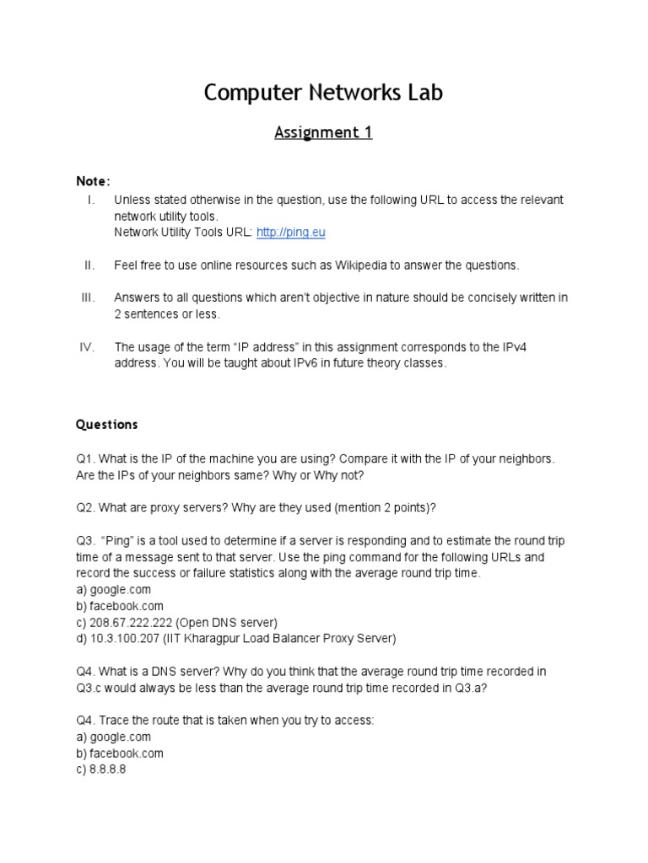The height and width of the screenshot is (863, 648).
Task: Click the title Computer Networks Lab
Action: pyautogui.click(x=323, y=93)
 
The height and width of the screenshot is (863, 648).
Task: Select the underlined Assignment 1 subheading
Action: pyautogui.click(x=323, y=132)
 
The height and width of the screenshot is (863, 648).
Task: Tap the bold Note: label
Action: pyautogui.click(x=93, y=181)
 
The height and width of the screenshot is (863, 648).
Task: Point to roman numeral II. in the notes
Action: pyautogui.click(x=89, y=265)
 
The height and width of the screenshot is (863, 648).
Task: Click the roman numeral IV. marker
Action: pyautogui.click(x=89, y=346)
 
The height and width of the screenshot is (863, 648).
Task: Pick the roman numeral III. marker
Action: pyautogui.click(x=89, y=297)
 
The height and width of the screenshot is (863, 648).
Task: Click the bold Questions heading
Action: pyautogui.click(x=106, y=425)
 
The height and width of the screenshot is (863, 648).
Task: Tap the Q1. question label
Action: pyautogui.click(x=85, y=458)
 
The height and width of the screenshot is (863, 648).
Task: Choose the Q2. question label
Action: pyautogui.click(x=85, y=508)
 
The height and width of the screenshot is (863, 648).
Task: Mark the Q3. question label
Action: pyautogui.click(x=85, y=541)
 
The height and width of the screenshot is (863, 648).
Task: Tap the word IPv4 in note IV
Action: pyautogui.click(x=510, y=346)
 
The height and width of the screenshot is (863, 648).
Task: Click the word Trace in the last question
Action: pyautogui.click(x=114, y=721)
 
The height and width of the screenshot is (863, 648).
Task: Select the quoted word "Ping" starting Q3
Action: pyautogui.click(x=117, y=541)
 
